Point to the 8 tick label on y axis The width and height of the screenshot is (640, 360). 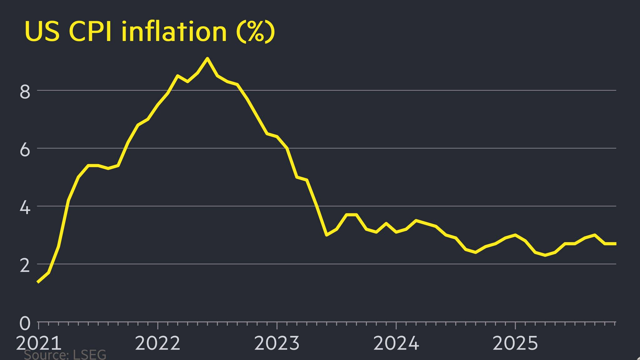[25, 92]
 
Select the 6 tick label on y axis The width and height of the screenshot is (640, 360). [25, 150]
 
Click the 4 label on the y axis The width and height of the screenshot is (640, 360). [25, 208]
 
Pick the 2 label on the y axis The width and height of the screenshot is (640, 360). [25, 266]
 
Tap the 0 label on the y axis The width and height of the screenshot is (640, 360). [25, 323]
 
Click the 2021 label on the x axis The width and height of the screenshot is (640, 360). [38, 343]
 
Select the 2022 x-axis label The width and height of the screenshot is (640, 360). [157, 343]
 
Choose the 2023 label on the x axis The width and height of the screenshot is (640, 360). [277, 343]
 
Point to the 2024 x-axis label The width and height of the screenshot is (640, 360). [396, 343]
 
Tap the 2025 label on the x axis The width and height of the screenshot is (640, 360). [515, 343]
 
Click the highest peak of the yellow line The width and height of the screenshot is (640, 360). [207, 58]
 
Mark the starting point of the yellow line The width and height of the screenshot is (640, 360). [38, 282]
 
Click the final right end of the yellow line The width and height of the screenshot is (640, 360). [615, 243]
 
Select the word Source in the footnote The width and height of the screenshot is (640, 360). [46, 355]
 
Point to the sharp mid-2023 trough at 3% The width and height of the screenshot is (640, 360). [326, 235]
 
